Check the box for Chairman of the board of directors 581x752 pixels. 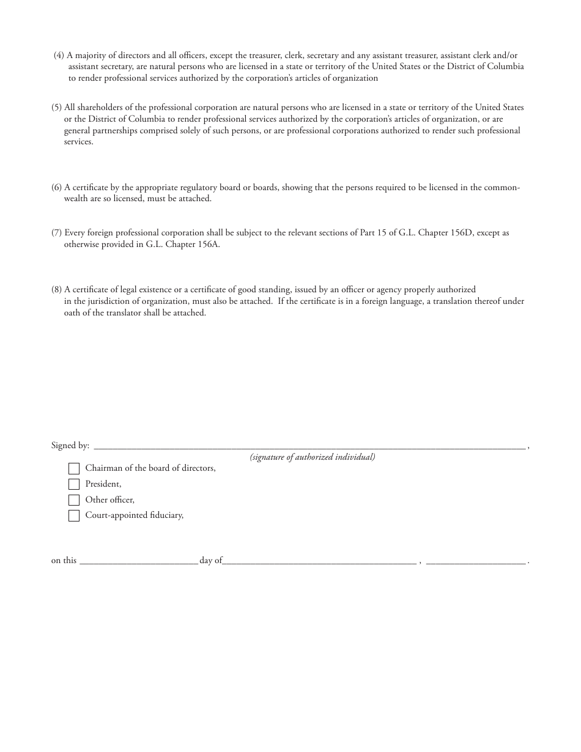pyautogui.click(x=74, y=469)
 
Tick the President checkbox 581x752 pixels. pyautogui.click(x=74, y=484)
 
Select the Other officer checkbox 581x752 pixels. pyautogui.click(x=74, y=500)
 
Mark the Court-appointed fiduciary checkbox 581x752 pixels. pyautogui.click(x=74, y=515)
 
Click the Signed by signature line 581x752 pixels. pyautogui.click(x=309, y=446)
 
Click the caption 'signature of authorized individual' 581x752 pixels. pyautogui.click(x=312, y=457)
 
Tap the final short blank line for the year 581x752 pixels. pyautogui.click(x=475, y=560)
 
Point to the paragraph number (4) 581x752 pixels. pyautogui.click(x=59, y=55)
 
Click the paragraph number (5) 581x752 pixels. pyautogui.click(x=56, y=108)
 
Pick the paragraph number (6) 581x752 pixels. pyautogui.click(x=56, y=188)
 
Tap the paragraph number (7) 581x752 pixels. pyautogui.click(x=56, y=234)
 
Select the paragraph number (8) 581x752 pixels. pyautogui.click(x=56, y=290)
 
